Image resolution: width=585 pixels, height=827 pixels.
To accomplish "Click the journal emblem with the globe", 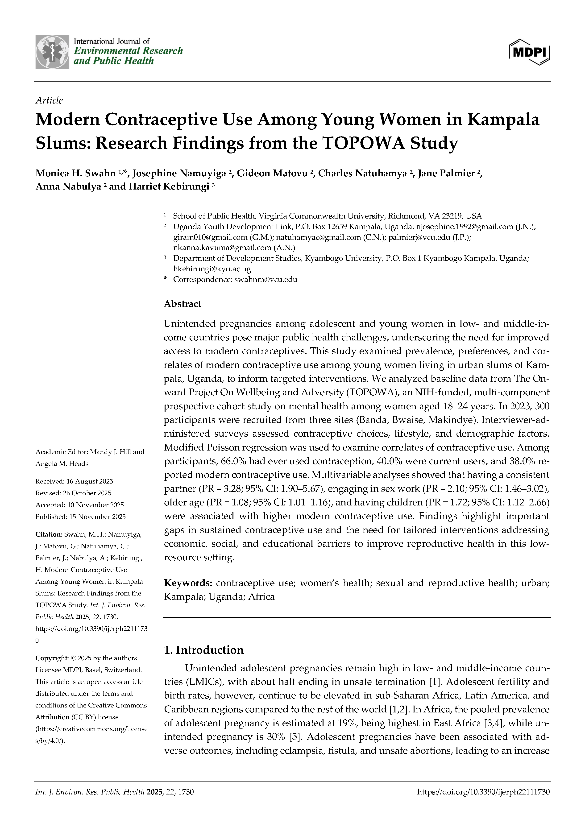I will [52, 52].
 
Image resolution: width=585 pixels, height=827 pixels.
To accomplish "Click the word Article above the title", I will [49, 100].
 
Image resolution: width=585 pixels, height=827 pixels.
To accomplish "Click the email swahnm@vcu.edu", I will [266, 279].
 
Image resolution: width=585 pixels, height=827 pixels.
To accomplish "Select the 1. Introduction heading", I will [204, 650].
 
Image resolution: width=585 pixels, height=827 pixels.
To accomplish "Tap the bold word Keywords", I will [188, 583].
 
